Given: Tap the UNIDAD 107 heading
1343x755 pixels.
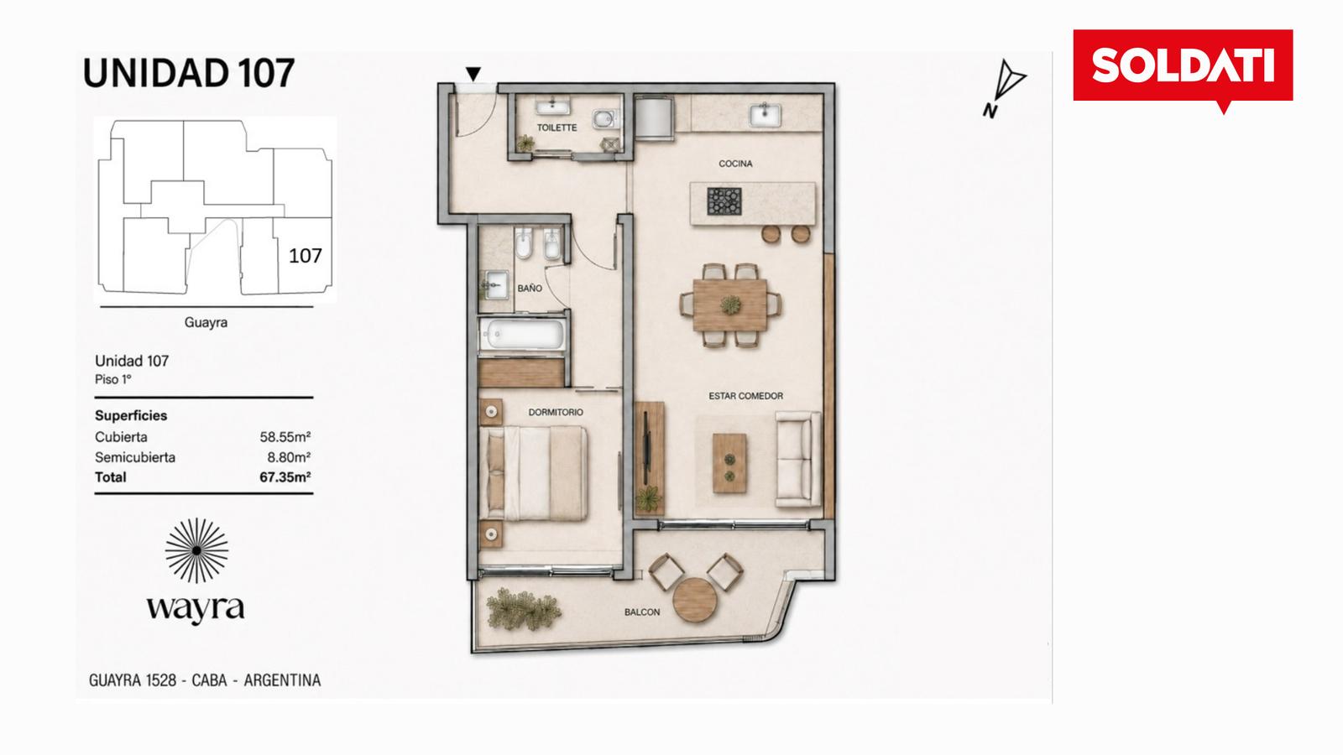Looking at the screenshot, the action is tap(189, 73).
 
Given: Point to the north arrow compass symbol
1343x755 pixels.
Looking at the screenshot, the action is tap(1004, 87).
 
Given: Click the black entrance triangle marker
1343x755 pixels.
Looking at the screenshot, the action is tap(473, 74).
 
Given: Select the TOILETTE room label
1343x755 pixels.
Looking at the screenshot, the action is tap(557, 128).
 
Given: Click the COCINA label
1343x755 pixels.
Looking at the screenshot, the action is tap(735, 164).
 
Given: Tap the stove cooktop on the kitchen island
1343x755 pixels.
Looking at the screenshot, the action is tap(725, 201).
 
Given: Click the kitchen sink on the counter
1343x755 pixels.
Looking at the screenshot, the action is tap(765, 115).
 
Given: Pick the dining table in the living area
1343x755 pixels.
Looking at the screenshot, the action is tap(729, 305).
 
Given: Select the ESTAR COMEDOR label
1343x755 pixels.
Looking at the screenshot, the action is tap(746, 396).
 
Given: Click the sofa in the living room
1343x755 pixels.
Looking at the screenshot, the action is tap(797, 459).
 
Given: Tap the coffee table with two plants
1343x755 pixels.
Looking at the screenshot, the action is tap(729, 463).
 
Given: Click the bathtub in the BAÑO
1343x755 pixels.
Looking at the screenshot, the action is tap(524, 335).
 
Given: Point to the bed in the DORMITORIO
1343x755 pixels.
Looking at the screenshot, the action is tap(534, 473).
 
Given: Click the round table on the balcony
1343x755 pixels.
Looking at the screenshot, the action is tap(695, 600).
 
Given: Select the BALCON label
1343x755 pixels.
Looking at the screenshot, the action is tap(642, 612).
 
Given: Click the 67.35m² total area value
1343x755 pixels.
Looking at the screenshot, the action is tap(285, 477).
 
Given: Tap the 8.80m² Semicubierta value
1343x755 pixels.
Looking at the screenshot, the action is tap(289, 458).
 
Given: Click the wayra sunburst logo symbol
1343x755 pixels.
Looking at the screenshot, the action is tap(196, 550).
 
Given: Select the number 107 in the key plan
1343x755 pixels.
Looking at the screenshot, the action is tap(306, 256).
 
